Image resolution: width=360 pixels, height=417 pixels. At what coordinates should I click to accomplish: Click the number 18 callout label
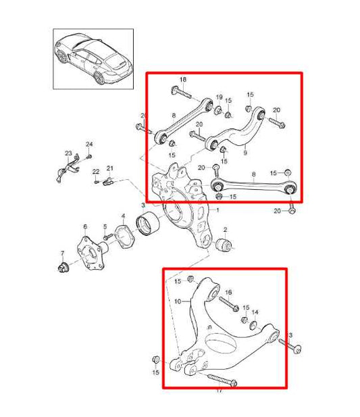(x=182, y=80)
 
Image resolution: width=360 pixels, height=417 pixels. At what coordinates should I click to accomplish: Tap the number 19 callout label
(x=219, y=97)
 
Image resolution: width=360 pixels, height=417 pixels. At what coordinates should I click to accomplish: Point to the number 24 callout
(x=90, y=143)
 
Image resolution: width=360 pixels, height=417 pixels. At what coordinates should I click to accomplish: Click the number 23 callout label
(x=68, y=153)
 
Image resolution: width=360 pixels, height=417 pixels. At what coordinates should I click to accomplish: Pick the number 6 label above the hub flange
(x=84, y=226)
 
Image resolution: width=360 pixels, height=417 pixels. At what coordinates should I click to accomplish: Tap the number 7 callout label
(x=61, y=253)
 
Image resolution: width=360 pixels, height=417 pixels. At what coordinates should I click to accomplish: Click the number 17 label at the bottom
(x=218, y=391)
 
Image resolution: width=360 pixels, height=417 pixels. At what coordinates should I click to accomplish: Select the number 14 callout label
(x=255, y=312)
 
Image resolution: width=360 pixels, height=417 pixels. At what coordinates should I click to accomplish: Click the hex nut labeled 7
(x=62, y=268)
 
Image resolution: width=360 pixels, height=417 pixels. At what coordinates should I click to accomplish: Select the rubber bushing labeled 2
(x=224, y=246)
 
